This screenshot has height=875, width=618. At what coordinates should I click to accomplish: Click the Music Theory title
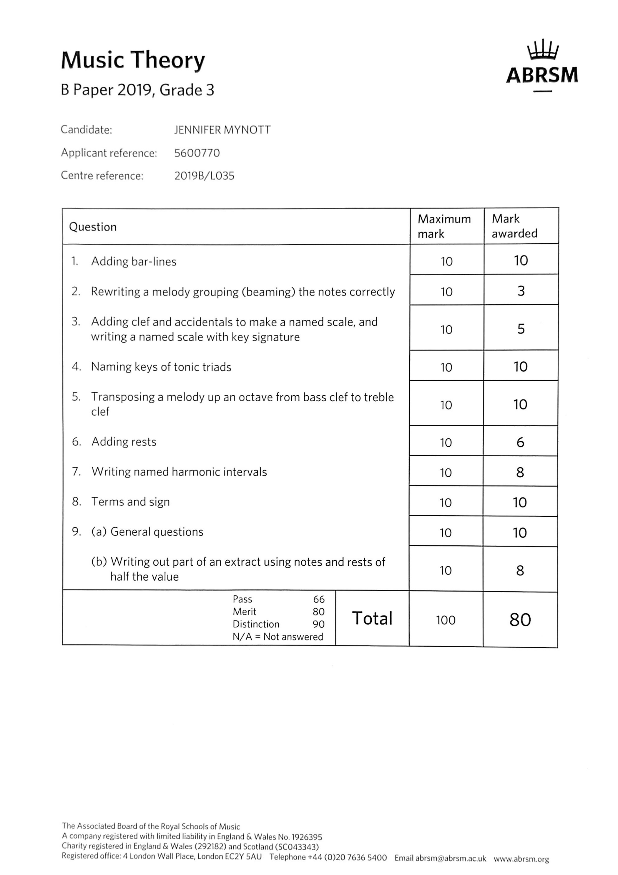[x=133, y=60]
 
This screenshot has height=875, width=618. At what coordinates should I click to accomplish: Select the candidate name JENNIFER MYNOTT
[x=222, y=130]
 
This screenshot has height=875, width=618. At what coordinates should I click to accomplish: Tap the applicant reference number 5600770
[x=197, y=153]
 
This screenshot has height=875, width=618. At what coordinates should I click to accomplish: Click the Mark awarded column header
[x=514, y=226]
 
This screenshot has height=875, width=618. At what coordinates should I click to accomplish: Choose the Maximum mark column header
[x=444, y=226]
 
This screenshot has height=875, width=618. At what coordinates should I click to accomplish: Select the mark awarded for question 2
[x=521, y=291]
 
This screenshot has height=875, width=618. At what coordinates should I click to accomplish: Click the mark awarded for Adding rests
[x=520, y=442]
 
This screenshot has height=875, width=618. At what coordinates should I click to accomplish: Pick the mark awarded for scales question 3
[x=521, y=329]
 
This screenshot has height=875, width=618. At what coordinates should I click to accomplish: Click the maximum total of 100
[x=446, y=620]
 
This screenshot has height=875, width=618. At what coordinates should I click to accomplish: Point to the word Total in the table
[x=372, y=618]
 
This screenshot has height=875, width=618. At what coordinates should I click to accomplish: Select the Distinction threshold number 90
[x=318, y=624]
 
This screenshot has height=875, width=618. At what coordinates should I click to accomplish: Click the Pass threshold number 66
[x=319, y=600]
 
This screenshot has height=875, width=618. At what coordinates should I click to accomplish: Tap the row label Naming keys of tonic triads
[x=161, y=367]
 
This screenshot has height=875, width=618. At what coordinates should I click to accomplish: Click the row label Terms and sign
[x=130, y=502]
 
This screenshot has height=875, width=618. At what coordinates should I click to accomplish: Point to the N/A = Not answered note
[x=278, y=637]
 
